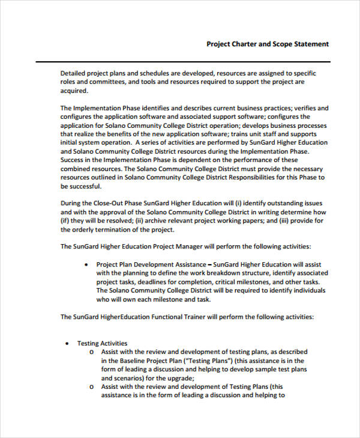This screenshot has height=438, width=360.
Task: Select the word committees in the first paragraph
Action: [106, 82]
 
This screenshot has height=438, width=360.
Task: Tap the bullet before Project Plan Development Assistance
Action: [88, 264]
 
